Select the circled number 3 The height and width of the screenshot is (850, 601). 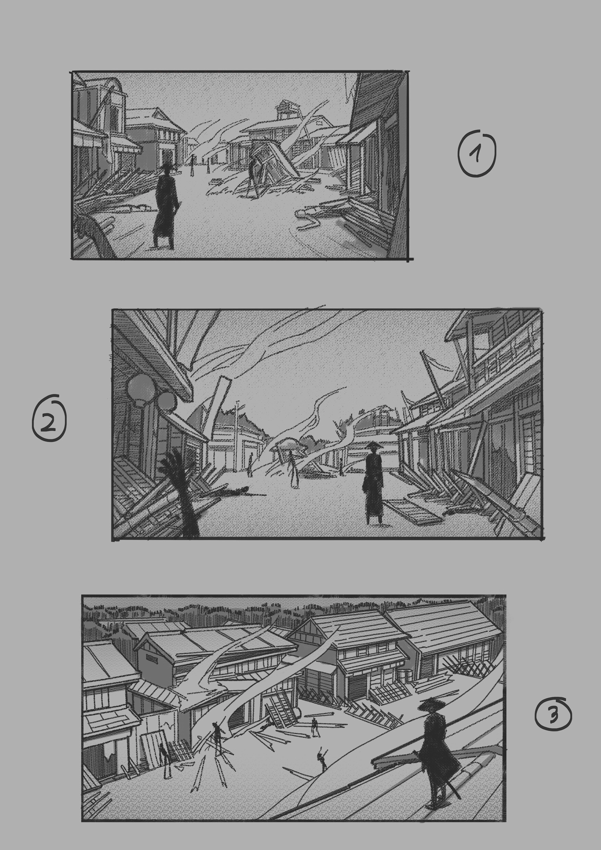coord(553,715)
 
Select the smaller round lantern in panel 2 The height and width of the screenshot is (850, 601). coord(167,401)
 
